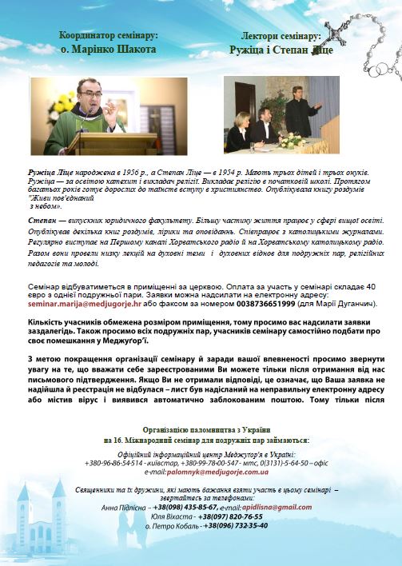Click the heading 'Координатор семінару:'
(x=108, y=35)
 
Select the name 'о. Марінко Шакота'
(x=108, y=49)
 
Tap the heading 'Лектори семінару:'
(x=281, y=36)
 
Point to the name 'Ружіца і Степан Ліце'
(x=281, y=48)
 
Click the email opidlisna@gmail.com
(x=270, y=507)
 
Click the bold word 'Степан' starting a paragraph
(x=42, y=219)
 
